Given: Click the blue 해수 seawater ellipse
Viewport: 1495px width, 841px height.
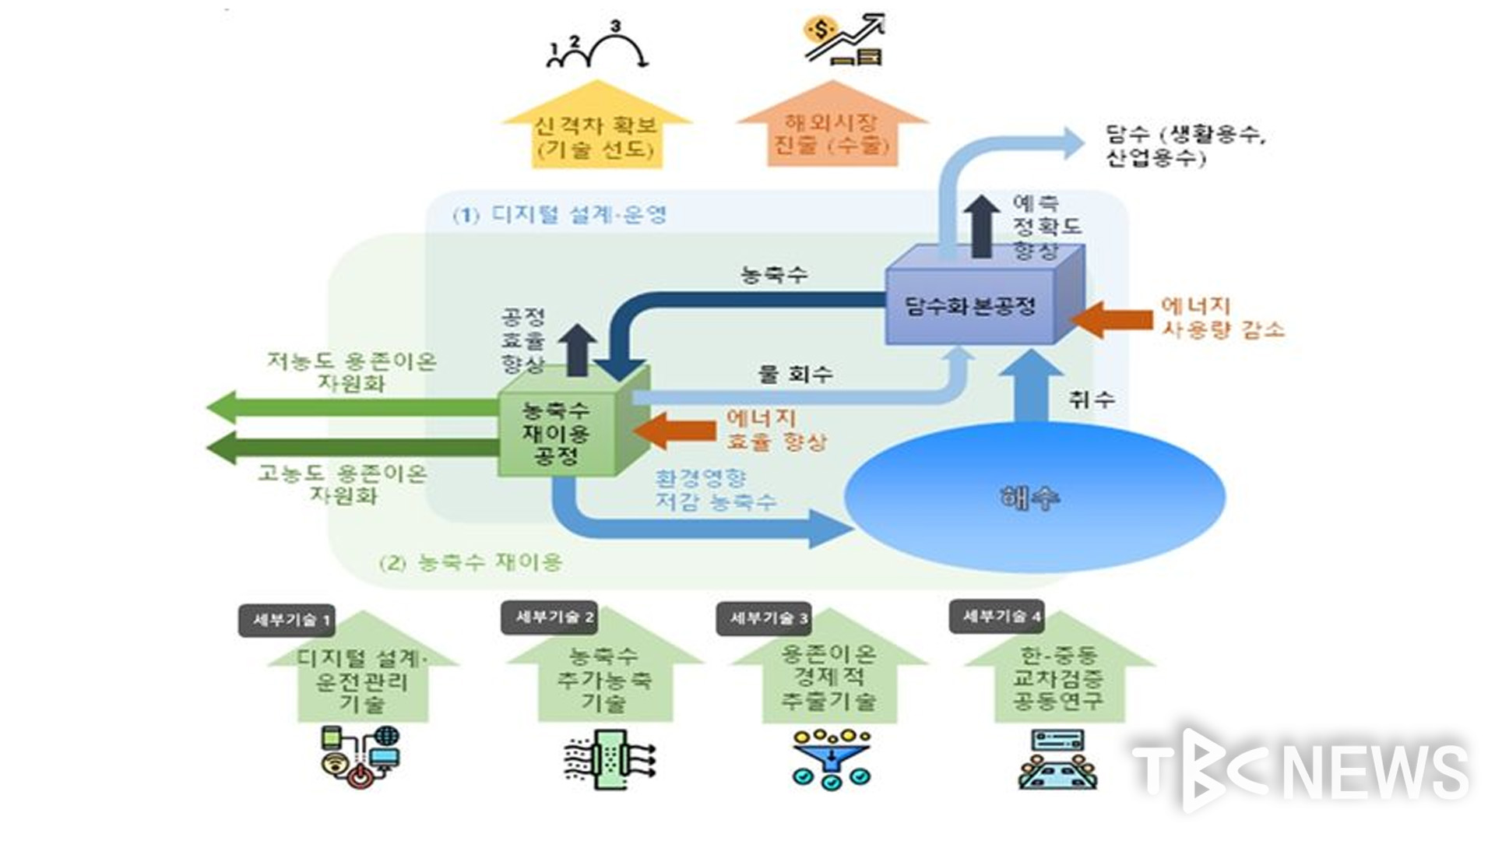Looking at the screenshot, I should click(x=1034, y=497).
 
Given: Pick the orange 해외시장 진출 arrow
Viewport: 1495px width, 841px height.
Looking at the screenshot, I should click(x=832, y=132).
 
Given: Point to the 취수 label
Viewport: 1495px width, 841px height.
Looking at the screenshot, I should click(x=1091, y=400).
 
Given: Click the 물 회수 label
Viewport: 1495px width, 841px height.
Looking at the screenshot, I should click(x=795, y=374).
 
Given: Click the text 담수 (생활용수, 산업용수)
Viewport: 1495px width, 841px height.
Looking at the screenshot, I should click(x=1184, y=146).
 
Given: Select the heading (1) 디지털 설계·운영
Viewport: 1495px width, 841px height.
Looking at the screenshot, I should click(x=560, y=214).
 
